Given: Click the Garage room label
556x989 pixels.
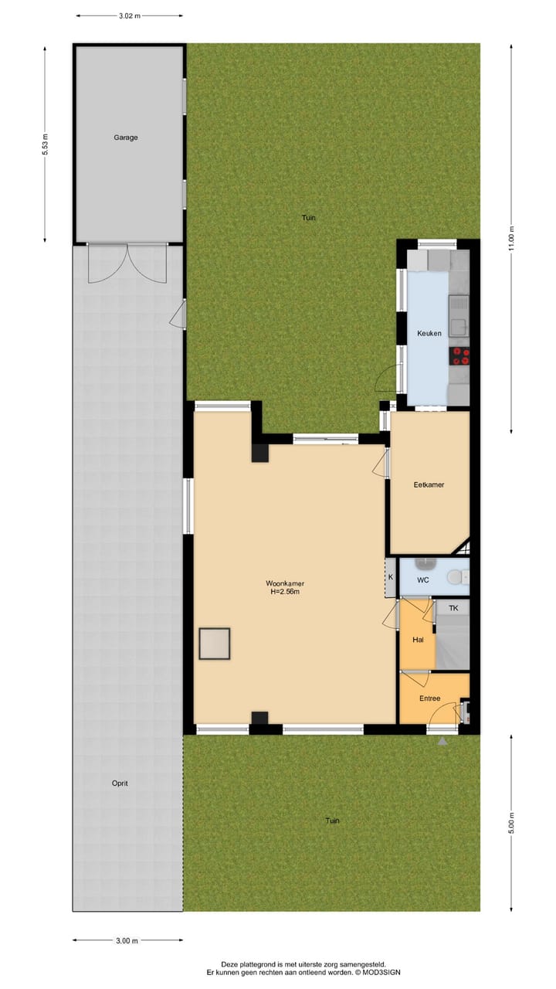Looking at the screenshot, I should point(126,138).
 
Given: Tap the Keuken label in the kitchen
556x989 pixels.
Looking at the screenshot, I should point(429,333).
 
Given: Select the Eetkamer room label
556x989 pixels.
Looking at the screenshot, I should point(429,485).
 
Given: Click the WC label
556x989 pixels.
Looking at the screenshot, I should point(423,579).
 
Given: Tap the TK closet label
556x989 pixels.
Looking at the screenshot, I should point(453,609).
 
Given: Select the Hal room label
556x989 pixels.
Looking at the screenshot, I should point(418,640).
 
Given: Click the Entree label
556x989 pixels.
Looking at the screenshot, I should point(429,698).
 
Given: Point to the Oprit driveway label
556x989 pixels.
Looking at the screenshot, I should point(120,783).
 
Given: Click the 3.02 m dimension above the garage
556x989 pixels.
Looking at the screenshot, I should point(129,15).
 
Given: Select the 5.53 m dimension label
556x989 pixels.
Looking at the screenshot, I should point(46,144).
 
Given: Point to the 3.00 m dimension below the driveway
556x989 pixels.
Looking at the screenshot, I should point(127,940).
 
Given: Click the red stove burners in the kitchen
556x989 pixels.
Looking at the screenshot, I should point(461,356).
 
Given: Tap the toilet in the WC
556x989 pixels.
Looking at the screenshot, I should point(456,577).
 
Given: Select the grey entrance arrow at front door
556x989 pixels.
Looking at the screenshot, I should point(442,741).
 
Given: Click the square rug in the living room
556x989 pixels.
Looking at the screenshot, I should point(215,644).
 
